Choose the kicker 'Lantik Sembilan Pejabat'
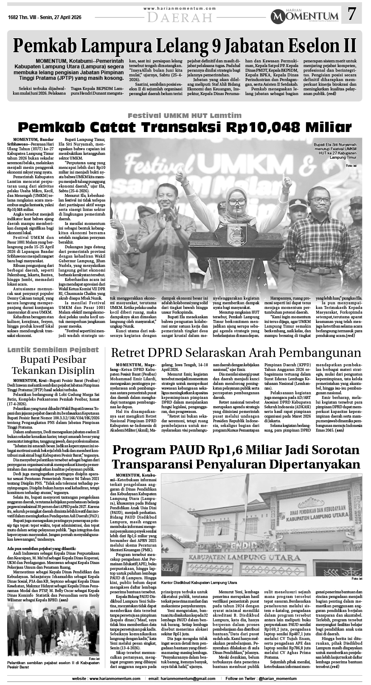click(53, 350)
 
